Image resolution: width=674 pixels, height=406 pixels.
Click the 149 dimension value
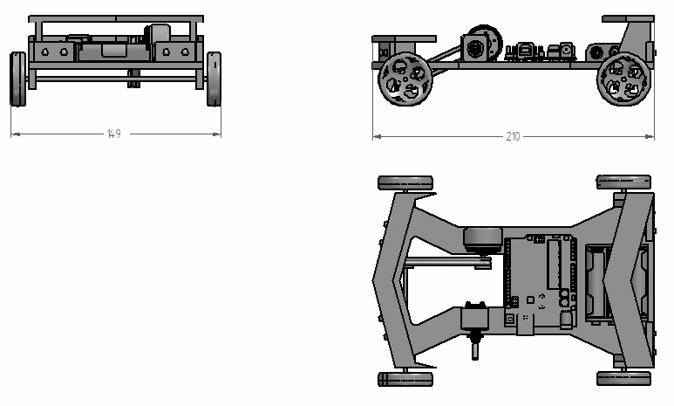coord(114,134)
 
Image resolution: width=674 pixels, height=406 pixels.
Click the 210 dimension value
coord(513,136)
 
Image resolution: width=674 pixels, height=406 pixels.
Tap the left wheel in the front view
coord(17,79)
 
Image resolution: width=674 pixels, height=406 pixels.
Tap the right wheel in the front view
coord(214,79)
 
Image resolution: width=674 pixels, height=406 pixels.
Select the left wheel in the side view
coord(405,79)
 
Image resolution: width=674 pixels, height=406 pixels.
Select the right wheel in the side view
coord(624,79)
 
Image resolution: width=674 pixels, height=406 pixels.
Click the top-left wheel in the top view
coord(405,183)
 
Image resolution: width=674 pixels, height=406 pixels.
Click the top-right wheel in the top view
coord(623,182)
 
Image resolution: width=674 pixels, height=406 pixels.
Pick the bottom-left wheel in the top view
coord(405,379)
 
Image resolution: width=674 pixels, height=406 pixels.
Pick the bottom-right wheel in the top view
coord(623,378)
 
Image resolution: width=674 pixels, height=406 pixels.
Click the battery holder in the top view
coord(596,283)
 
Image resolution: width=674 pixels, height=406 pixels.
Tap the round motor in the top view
coord(483,240)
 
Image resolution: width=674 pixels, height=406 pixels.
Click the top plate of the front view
coord(116,19)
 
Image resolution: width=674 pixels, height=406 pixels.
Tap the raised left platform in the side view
coord(404,38)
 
